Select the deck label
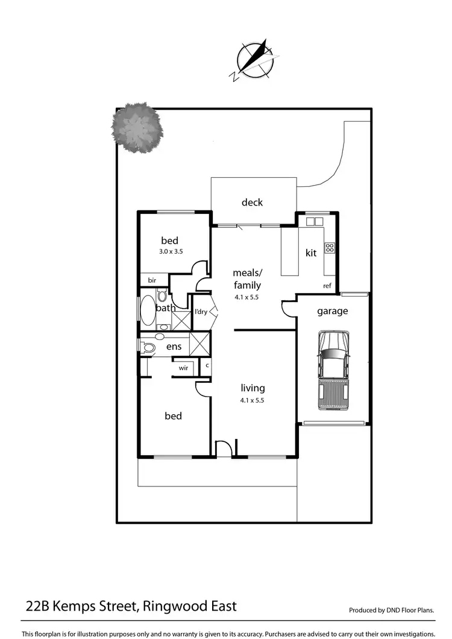(252, 203)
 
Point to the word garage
(332, 311)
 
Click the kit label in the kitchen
(310, 253)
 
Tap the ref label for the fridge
(327, 286)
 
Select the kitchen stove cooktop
(330, 247)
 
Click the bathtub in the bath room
(148, 310)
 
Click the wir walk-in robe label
(183, 367)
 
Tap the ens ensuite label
(174, 347)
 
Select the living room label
(252, 388)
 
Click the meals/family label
(247, 279)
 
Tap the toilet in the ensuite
(148, 347)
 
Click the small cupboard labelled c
(207, 365)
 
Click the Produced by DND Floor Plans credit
(392, 610)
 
